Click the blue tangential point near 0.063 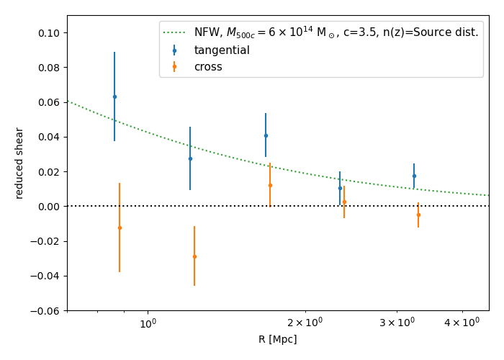pyautogui.click(x=114, y=96)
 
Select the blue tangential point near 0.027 pyautogui.click(x=190, y=159)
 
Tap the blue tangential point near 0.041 pyautogui.click(x=266, y=135)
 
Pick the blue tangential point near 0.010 pyautogui.click(x=340, y=189)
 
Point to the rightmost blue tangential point pyautogui.click(x=414, y=176)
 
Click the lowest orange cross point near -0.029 pyautogui.click(x=194, y=256)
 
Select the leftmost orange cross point pyautogui.click(x=120, y=228)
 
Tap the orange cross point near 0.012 pyautogui.click(x=270, y=185)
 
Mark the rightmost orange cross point pyautogui.click(x=418, y=215)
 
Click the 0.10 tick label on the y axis pyautogui.click(x=49, y=33)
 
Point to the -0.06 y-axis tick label pyautogui.click(x=45, y=310)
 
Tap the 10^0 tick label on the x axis pyautogui.click(x=148, y=324)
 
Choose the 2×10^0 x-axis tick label pyautogui.click(x=305, y=323)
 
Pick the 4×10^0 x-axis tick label pyautogui.click(x=462, y=323)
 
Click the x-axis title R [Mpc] pyautogui.click(x=277, y=340)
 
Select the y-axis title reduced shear pyautogui.click(x=19, y=163)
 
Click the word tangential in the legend pyautogui.click(x=222, y=50)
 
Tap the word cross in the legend pyautogui.click(x=208, y=67)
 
